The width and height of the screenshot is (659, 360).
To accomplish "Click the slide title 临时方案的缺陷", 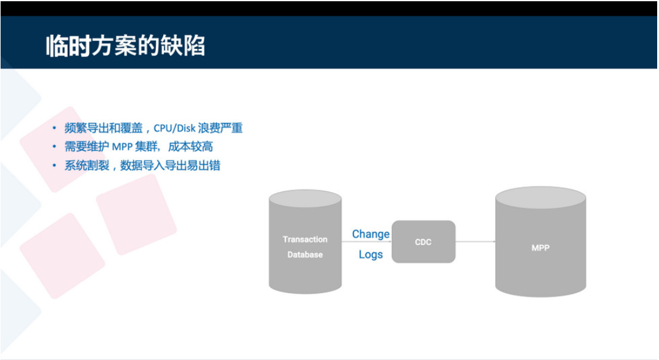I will coord(125,46).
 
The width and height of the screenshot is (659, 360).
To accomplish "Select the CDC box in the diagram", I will coord(423,242).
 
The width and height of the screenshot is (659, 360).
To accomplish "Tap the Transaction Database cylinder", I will coord(305,244).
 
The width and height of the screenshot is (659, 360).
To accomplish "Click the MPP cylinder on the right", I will coord(540,244).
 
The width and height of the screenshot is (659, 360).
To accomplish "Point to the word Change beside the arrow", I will coord(370,234).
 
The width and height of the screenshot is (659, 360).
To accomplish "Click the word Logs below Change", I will coord(370,254).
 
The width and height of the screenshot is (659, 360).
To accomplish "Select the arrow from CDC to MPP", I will coord(475,242).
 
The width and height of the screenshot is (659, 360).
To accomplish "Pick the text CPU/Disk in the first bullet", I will coord(174,128).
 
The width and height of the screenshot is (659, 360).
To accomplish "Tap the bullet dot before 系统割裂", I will coord(54,166).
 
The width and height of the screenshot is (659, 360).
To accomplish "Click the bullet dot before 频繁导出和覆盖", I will coord(54,128).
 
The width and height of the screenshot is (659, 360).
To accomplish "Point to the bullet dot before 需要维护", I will coord(54,147).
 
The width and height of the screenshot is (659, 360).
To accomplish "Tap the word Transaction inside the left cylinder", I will coord(305,239).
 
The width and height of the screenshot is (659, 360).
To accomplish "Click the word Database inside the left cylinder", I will coord(305,254).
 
